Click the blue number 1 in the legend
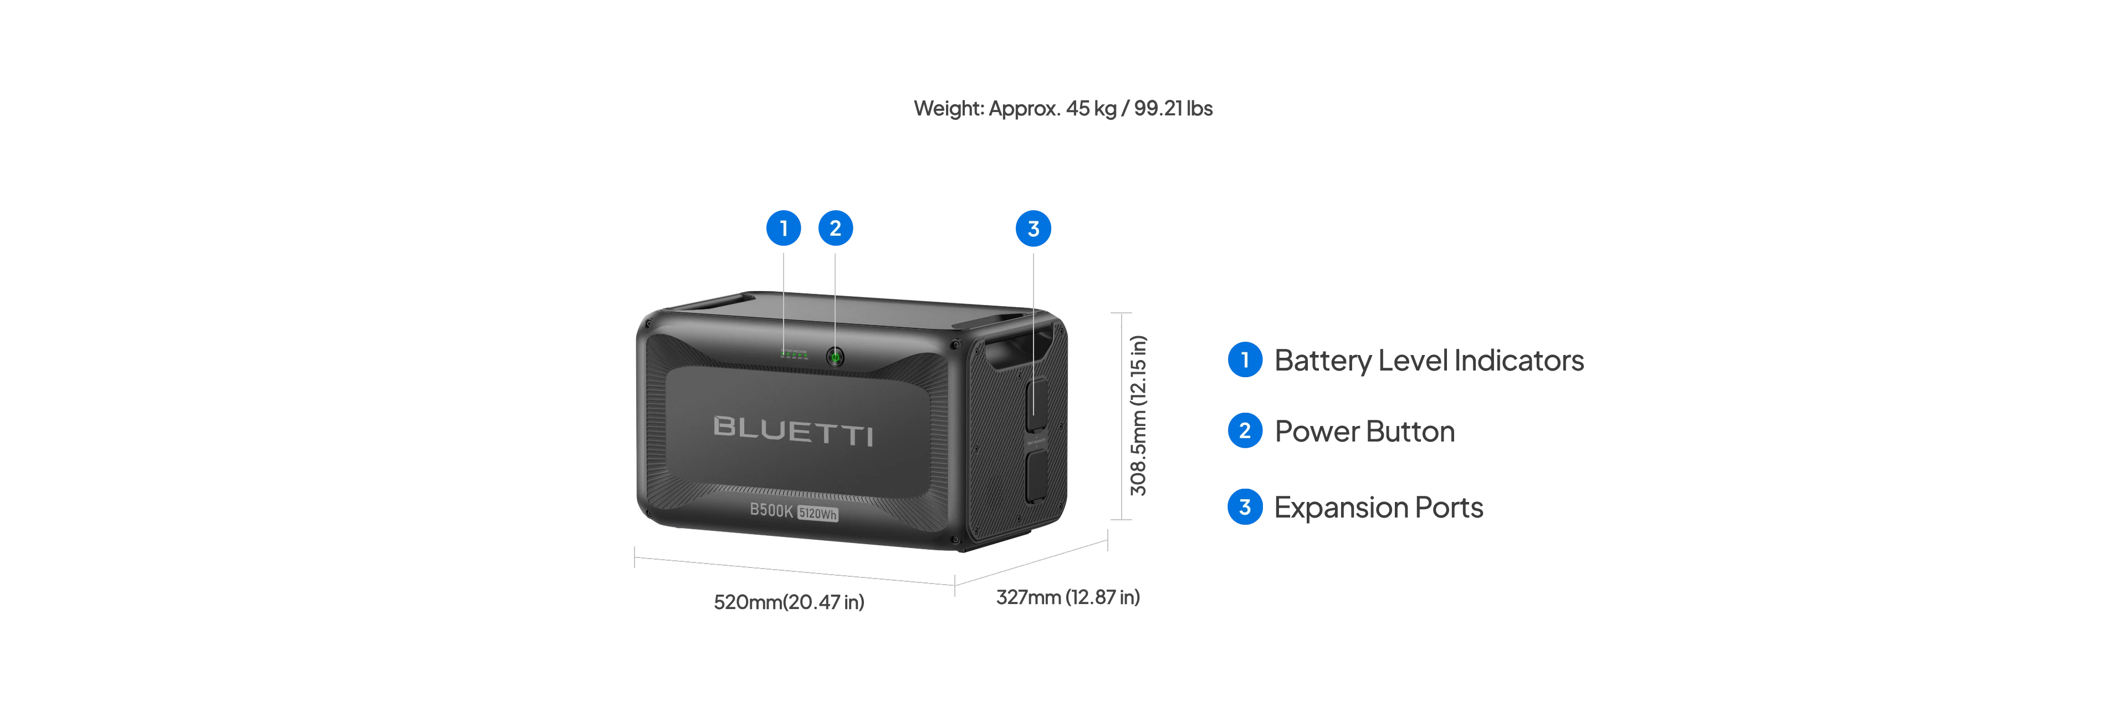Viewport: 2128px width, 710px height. pos(1244,361)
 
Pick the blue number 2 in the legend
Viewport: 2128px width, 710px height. pos(1244,430)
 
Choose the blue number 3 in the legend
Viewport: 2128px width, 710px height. pos(1244,506)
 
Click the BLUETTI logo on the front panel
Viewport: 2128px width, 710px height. pos(793,430)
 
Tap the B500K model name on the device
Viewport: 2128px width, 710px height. pos(771,510)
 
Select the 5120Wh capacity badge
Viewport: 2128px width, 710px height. pos(817,514)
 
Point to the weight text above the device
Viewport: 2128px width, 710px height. pos(1063,110)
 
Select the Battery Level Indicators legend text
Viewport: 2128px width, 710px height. pos(1428,361)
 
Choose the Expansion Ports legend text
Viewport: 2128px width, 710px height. pos(1377,506)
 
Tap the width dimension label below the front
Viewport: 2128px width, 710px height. pos(789,602)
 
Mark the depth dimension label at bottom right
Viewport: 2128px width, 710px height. pos(1067,597)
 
